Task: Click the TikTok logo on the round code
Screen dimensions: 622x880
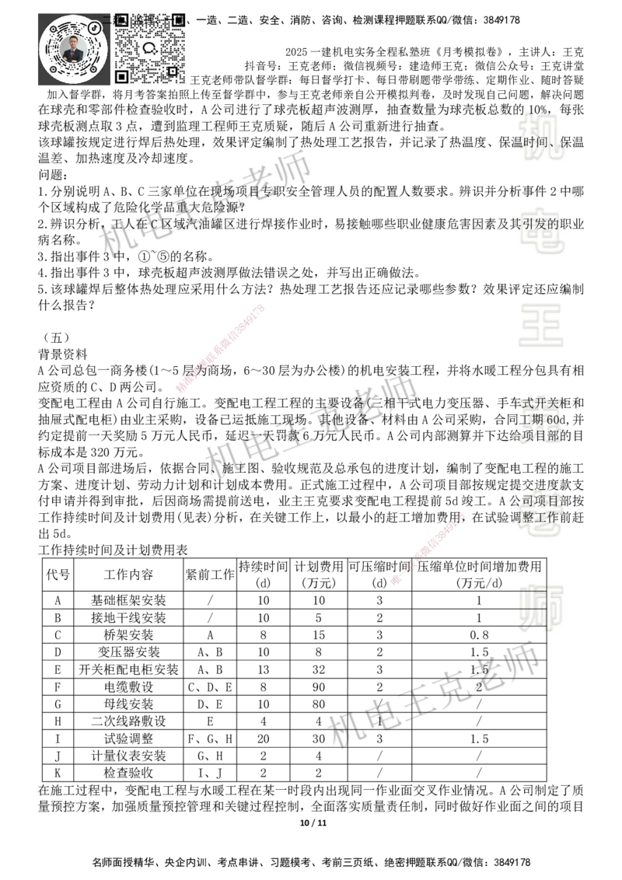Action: (x=95, y=28)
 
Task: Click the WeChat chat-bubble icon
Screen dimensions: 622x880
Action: (x=150, y=48)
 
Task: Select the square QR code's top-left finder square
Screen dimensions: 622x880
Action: (x=122, y=19)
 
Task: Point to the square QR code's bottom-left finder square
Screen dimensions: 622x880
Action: (x=122, y=76)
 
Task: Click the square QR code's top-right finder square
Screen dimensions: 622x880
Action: (x=178, y=19)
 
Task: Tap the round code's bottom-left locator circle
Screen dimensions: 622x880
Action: (x=54, y=70)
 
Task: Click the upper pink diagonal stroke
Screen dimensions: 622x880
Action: (x=221, y=348)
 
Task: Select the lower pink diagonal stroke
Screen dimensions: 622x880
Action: (x=428, y=548)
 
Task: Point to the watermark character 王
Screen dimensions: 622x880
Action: (x=541, y=327)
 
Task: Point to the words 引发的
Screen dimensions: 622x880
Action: (x=540, y=224)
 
